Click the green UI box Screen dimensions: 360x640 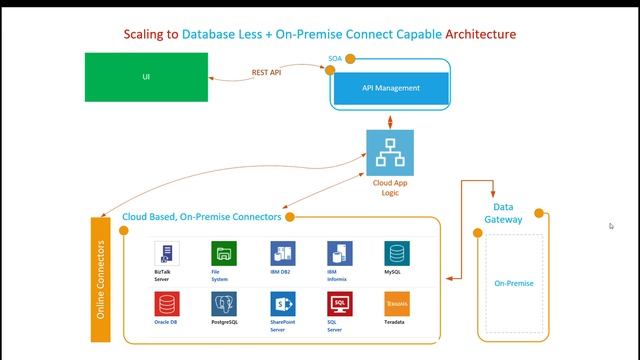[x=146, y=77]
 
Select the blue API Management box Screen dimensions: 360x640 [x=391, y=88]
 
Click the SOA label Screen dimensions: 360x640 [x=336, y=59]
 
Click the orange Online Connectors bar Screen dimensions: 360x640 [x=100, y=280]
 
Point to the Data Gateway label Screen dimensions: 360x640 [x=503, y=212]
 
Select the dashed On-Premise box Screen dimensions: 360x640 [x=514, y=283]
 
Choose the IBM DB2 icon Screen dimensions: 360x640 [x=281, y=253]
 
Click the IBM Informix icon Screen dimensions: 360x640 [x=338, y=253]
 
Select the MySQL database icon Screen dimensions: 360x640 [x=396, y=253]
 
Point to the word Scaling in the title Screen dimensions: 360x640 [x=145, y=34]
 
